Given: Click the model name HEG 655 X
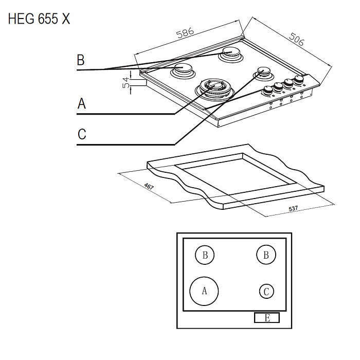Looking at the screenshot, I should (x=39, y=20).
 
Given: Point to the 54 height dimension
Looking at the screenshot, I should (x=126, y=81).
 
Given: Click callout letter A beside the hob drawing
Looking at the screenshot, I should (x=81, y=104).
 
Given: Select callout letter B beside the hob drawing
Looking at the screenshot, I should (x=80, y=60).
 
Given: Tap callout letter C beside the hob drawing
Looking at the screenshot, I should (x=82, y=135).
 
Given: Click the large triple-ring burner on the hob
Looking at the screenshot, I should (x=215, y=88).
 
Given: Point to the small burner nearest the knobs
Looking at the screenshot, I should (x=262, y=73).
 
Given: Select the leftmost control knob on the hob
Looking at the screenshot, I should (x=267, y=91).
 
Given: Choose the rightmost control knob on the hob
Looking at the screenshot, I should (x=298, y=80).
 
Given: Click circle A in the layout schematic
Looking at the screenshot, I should (x=204, y=291).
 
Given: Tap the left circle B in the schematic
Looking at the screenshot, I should (x=205, y=255).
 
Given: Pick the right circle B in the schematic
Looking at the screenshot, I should (x=266, y=255).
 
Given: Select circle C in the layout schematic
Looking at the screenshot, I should (x=266, y=292).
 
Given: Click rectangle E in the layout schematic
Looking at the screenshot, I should (x=267, y=318).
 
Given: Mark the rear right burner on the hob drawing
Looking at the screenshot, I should (x=231, y=53).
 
